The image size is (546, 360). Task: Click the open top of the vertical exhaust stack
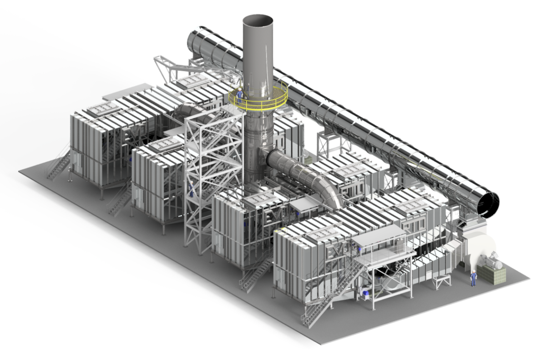point(258,21)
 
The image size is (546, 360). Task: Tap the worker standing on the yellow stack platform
point(239,95)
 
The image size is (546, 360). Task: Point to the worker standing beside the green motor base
point(473,278)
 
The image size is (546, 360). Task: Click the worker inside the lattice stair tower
point(192,188)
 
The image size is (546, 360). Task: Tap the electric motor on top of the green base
point(491,262)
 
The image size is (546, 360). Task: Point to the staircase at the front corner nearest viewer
point(318,309)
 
